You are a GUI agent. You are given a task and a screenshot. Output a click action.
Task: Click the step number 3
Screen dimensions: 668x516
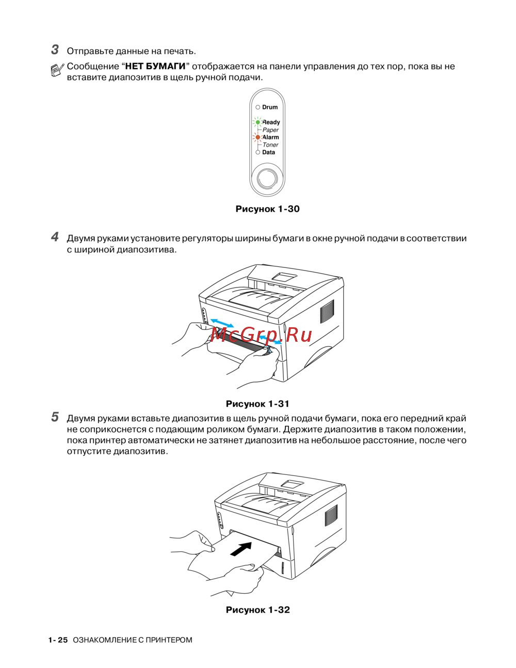pyautogui.click(x=55, y=50)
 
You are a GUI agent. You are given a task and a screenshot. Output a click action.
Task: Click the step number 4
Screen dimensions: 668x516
pyautogui.click(x=55, y=237)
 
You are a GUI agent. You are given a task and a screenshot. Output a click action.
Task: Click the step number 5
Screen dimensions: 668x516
pyautogui.click(x=55, y=417)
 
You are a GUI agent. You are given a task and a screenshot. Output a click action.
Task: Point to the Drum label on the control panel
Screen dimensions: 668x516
pyautogui.click(x=270, y=107)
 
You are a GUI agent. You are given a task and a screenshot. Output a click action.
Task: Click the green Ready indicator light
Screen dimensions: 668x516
pyautogui.click(x=257, y=122)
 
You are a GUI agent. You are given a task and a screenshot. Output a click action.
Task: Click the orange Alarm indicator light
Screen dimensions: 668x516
pyautogui.click(x=257, y=137)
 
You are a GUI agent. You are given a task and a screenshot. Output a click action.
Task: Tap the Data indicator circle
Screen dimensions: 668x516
pyautogui.click(x=257, y=152)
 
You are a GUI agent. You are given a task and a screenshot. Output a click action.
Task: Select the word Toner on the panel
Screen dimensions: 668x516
pyautogui.click(x=270, y=145)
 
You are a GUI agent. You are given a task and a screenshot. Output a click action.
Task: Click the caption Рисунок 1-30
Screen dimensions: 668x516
pyautogui.click(x=267, y=209)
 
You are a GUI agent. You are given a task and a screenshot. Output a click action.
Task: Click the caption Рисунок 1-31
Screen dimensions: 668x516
pyautogui.click(x=257, y=404)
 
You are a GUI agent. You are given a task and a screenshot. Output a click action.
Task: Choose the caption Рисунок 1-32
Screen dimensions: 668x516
pyautogui.click(x=257, y=610)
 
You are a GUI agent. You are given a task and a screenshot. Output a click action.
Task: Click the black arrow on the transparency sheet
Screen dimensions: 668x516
pyautogui.click(x=241, y=548)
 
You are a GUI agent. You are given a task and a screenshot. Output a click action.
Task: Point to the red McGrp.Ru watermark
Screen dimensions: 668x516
pyautogui.click(x=261, y=335)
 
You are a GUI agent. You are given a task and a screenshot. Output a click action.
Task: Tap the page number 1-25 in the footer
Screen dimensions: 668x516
pyautogui.click(x=58, y=640)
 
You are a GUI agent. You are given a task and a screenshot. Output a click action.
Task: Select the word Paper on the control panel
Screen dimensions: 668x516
pyautogui.click(x=270, y=130)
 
